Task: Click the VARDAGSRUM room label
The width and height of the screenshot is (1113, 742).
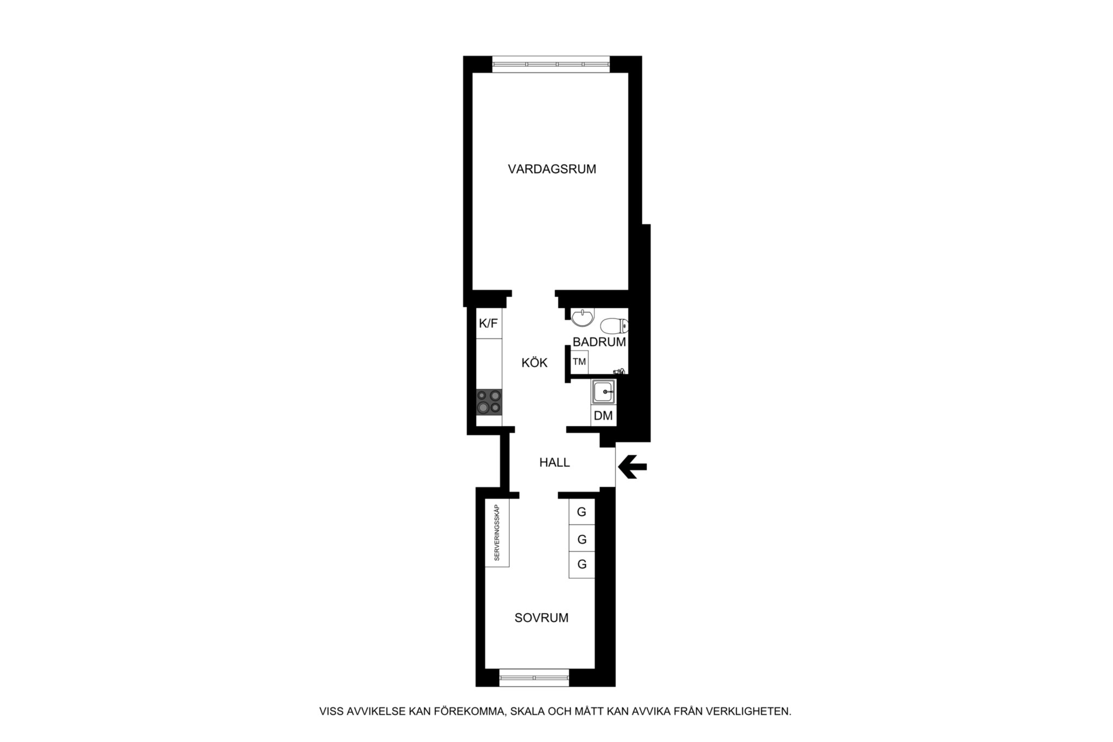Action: pos(552,169)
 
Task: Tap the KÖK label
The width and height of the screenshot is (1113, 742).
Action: pos(534,363)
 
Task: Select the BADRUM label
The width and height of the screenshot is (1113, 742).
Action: pos(599,342)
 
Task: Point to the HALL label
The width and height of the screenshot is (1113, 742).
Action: pos(554,463)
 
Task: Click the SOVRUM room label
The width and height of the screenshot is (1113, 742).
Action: pos(541,618)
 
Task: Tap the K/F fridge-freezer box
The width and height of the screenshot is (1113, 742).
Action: pos(489,323)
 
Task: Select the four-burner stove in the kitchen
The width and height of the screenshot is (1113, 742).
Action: pos(489,402)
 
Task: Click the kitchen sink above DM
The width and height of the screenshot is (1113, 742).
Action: pos(604,392)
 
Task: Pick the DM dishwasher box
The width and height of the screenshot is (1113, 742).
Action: pos(604,416)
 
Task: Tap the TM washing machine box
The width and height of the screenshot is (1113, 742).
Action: pos(579,361)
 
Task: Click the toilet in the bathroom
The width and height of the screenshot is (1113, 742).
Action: pos(614,326)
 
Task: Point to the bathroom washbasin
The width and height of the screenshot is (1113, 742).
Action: pos(582,317)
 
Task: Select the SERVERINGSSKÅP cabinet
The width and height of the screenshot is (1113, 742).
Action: pos(497,533)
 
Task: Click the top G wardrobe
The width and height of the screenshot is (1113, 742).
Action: pos(581,512)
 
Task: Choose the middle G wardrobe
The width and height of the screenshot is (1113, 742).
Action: pos(581,539)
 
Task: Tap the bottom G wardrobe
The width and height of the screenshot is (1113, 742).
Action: pos(581,565)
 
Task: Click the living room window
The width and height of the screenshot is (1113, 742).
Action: pos(551,64)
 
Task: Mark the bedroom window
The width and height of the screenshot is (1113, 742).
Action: pos(534,677)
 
